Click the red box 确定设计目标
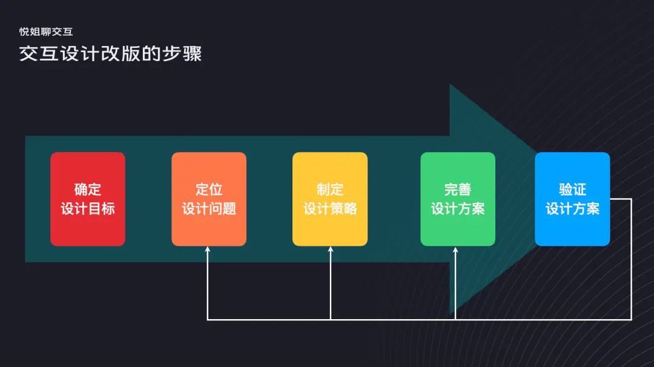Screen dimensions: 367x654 (x=88, y=199)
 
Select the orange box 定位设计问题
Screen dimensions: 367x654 (x=209, y=199)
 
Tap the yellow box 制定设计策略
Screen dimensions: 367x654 (x=330, y=199)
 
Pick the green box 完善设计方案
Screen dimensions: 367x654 (x=458, y=199)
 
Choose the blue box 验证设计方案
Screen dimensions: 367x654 (x=572, y=199)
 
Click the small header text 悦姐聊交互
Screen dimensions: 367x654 (x=46, y=31)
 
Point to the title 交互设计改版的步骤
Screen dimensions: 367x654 (x=110, y=53)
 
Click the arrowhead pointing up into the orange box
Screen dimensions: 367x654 (x=208, y=249)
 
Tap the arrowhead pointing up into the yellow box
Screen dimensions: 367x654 (x=331, y=249)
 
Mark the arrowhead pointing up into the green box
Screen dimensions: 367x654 (x=456, y=249)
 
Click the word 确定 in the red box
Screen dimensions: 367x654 (x=88, y=190)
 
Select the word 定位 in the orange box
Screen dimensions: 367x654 (x=209, y=190)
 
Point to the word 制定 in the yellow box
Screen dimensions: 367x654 (x=330, y=190)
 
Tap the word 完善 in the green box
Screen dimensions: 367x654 (x=458, y=190)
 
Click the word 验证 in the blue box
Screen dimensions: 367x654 (x=572, y=189)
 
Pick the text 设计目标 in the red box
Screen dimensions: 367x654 (x=88, y=209)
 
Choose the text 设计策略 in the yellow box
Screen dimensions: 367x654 (x=330, y=209)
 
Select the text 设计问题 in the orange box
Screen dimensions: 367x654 (x=209, y=209)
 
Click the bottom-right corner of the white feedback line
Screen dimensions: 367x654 (x=631, y=319)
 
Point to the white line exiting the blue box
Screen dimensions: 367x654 (x=620, y=199)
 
